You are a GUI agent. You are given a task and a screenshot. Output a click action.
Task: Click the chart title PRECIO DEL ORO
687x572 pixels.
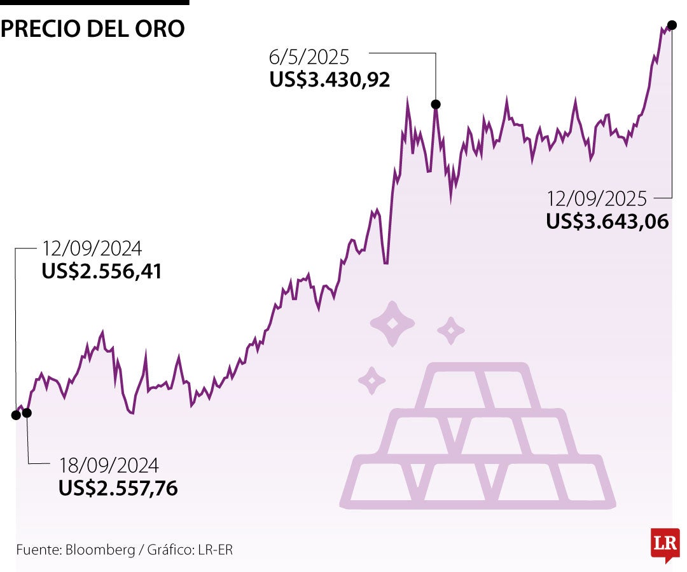(93, 29)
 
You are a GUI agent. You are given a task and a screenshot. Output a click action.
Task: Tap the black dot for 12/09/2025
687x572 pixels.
(672, 25)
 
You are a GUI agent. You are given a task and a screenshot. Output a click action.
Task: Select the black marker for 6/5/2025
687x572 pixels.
(436, 104)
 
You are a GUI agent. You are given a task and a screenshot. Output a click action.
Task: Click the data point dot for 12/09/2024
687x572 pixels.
(15, 415)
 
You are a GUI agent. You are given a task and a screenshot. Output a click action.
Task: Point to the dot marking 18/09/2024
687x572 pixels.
(27, 412)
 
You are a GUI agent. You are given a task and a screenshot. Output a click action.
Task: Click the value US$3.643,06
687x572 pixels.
(607, 221)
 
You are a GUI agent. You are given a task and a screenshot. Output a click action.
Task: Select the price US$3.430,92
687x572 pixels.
(330, 79)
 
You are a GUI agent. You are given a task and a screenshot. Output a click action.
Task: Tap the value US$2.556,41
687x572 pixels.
(102, 271)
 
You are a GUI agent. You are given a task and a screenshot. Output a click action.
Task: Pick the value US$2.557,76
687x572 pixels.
(118, 487)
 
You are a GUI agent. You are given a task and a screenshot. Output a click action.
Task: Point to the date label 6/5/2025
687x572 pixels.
(309, 57)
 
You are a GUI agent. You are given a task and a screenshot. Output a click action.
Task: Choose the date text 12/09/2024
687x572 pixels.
(92, 249)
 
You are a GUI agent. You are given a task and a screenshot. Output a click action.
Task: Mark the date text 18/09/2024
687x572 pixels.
(109, 465)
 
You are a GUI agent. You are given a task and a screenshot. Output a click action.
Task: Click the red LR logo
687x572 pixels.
(665, 544)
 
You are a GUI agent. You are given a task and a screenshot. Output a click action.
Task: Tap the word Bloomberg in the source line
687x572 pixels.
(99, 550)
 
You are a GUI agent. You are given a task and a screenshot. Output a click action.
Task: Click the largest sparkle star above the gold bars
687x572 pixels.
(392, 324)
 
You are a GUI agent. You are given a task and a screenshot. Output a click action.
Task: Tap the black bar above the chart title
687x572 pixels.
(94, 3)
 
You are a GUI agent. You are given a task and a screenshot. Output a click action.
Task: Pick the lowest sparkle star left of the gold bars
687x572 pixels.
(372, 380)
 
